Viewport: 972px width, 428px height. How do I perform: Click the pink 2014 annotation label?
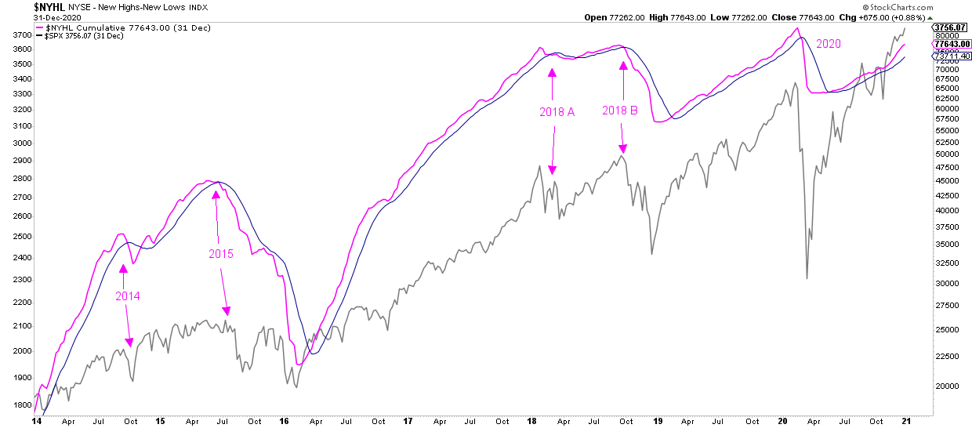128,296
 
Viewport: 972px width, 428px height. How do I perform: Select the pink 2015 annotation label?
221,254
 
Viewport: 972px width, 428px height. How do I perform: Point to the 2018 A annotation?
557,112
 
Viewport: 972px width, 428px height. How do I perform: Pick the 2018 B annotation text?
620,111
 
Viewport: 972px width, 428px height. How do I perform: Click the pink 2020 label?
828,45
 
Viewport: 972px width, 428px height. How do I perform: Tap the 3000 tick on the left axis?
23,143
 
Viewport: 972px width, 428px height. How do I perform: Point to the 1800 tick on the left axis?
23,405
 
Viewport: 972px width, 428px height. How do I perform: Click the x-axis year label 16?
285,421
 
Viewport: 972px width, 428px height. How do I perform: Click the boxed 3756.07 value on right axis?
950,27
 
